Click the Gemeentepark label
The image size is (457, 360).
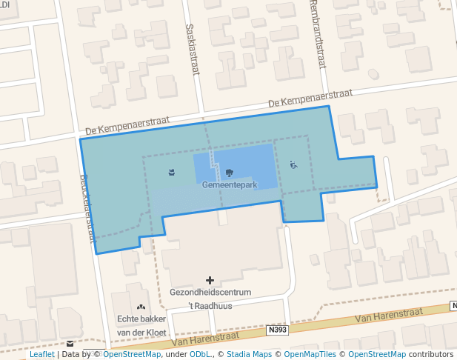pos(229,184)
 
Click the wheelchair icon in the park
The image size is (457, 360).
pos(293,165)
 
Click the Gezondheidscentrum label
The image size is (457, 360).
pos(210,293)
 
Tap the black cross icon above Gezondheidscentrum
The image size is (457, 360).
pos(210,281)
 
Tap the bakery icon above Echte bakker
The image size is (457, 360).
pos(140,307)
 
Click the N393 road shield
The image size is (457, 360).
pos(278,330)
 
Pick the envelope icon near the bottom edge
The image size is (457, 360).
pos(70,344)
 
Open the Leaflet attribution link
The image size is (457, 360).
pos(42,355)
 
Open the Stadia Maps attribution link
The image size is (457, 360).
pos(249,355)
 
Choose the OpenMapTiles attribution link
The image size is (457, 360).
pos(313,355)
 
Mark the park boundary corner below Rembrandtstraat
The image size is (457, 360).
pos(329,107)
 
